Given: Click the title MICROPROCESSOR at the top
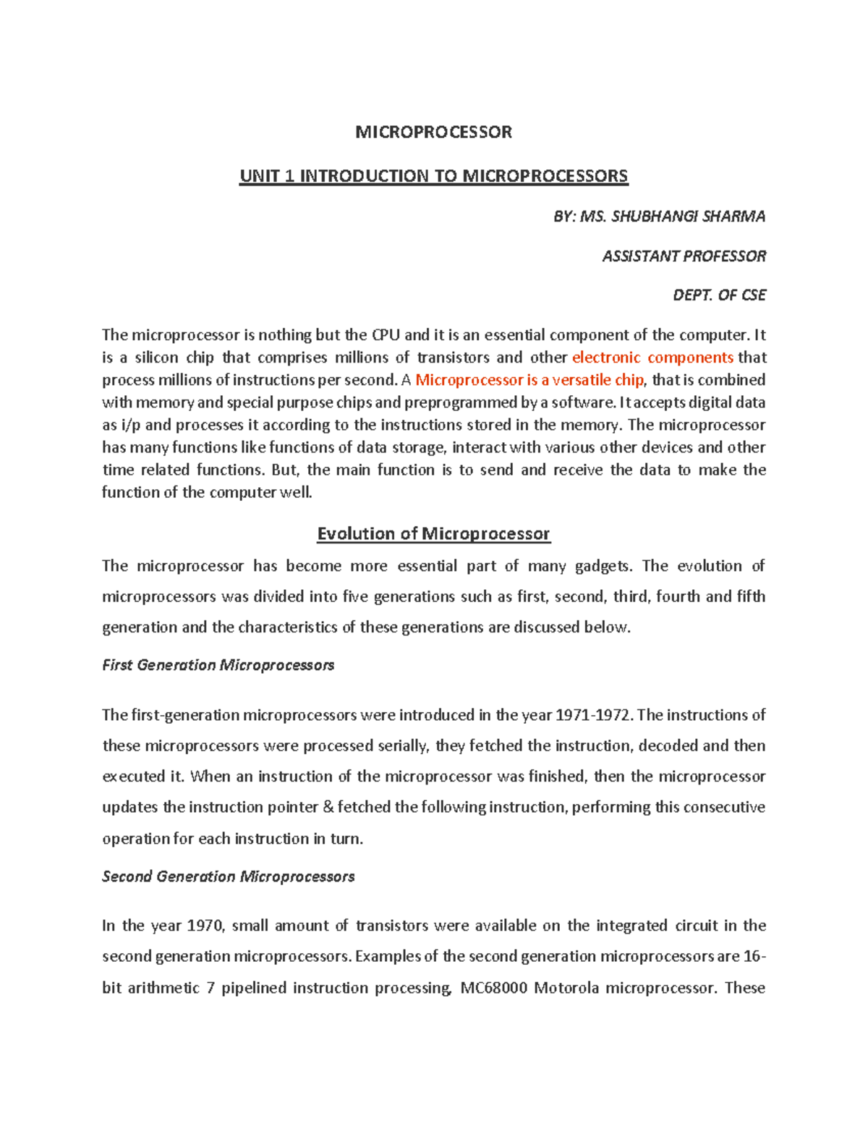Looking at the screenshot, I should click(433, 132).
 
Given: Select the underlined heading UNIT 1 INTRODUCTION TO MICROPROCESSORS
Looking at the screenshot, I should click(433, 176).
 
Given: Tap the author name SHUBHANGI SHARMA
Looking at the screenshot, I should click(688, 216).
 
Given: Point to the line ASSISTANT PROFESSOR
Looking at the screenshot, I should click(684, 255).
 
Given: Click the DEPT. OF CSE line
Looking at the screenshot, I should click(719, 295).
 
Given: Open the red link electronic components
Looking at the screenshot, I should click(652, 358).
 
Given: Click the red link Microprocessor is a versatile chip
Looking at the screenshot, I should click(529, 380).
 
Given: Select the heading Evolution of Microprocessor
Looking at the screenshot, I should click(433, 533).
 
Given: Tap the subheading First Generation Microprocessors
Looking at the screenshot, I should click(218, 665).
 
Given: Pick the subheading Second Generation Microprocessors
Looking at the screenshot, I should click(228, 876).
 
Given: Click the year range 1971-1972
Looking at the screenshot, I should click(593, 715).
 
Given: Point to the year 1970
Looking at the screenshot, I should click(206, 926).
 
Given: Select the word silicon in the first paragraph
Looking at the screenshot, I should click(156, 358).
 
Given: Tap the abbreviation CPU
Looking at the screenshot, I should click(386, 335).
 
